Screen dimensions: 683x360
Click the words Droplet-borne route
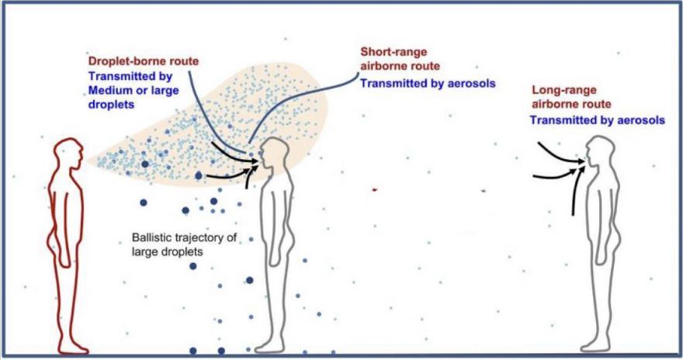coord(144,61)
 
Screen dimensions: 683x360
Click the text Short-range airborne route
coord(400,59)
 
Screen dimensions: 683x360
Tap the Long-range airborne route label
coord(571,97)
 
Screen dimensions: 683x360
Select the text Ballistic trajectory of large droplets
coord(184,244)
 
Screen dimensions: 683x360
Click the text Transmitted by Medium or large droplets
coord(133,91)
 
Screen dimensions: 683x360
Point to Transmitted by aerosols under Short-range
coord(428,83)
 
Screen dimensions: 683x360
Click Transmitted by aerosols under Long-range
coord(597,119)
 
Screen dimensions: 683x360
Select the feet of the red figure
coord(73,348)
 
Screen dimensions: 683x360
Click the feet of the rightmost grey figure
coord(596,347)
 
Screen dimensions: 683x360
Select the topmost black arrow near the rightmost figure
coord(560,154)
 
